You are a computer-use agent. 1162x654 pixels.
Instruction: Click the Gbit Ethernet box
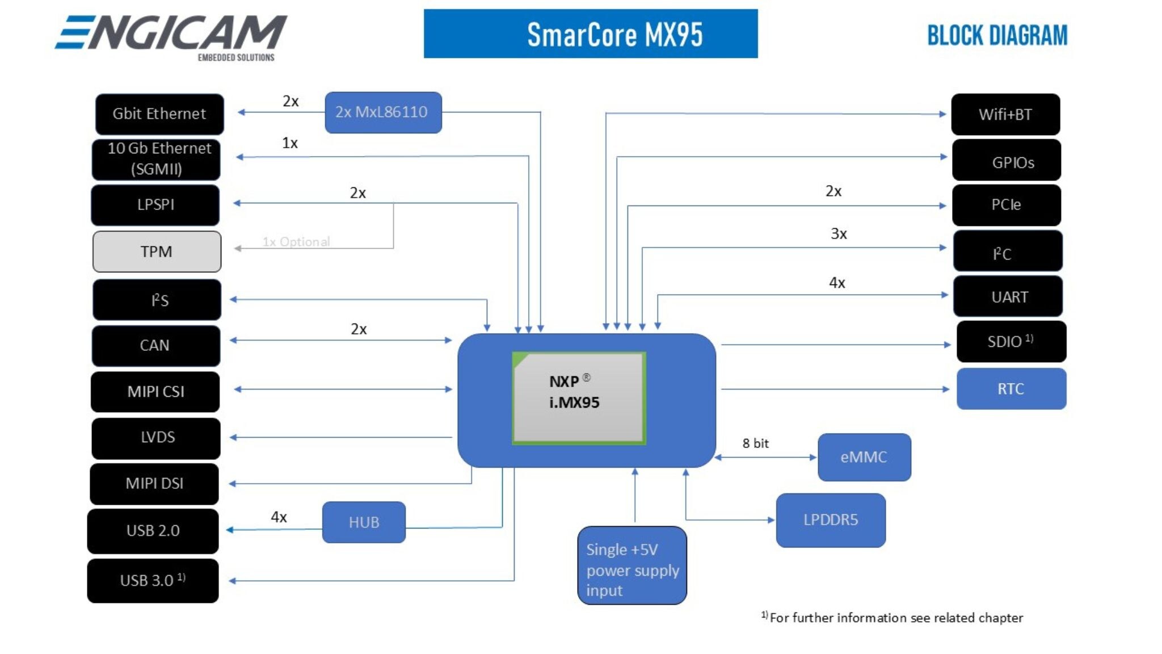[x=159, y=114]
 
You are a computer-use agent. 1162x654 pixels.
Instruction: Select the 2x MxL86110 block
[x=383, y=112]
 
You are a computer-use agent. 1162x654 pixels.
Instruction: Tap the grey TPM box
[x=157, y=251]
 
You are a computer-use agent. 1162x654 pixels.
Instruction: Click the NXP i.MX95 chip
[x=579, y=397]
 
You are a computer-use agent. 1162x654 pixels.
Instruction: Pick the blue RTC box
[x=1011, y=389]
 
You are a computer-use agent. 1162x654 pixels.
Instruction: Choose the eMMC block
[x=864, y=457]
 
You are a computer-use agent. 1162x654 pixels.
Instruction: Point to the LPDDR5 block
[x=831, y=520]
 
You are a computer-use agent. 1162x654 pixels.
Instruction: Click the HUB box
[x=364, y=522]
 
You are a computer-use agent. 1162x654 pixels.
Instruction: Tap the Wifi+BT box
[x=1005, y=115]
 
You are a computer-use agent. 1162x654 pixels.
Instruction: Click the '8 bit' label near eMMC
[x=755, y=443]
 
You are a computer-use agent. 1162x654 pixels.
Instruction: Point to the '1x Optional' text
[x=296, y=242]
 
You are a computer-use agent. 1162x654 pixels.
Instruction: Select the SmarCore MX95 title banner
[x=591, y=34]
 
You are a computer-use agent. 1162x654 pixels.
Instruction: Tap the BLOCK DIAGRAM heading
[x=997, y=35]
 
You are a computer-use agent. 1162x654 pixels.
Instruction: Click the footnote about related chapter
[x=892, y=618]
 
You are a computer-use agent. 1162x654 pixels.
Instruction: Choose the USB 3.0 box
[x=153, y=581]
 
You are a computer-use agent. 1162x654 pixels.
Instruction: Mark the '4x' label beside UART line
[x=837, y=283]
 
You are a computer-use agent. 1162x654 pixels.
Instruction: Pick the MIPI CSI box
[x=155, y=392]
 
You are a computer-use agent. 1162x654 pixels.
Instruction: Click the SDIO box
[x=1011, y=342]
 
